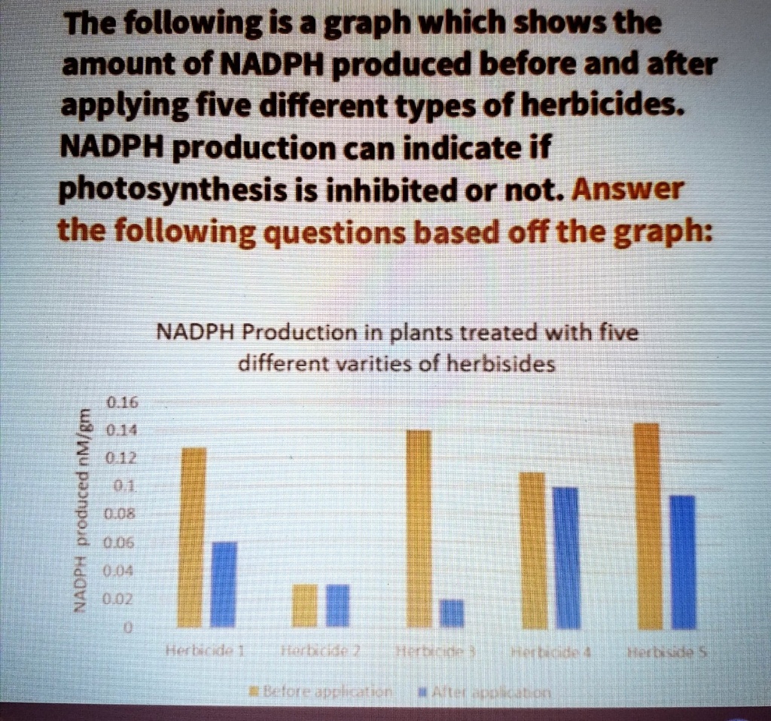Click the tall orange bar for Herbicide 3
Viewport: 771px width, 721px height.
[x=419, y=528]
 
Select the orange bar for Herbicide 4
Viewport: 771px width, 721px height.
[x=533, y=550]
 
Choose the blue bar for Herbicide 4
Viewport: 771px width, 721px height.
[x=566, y=558]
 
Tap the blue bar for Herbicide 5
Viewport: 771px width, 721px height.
[x=682, y=561]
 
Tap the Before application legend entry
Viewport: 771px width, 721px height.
[x=319, y=692]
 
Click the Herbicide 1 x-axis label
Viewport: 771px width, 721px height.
[x=203, y=650]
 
